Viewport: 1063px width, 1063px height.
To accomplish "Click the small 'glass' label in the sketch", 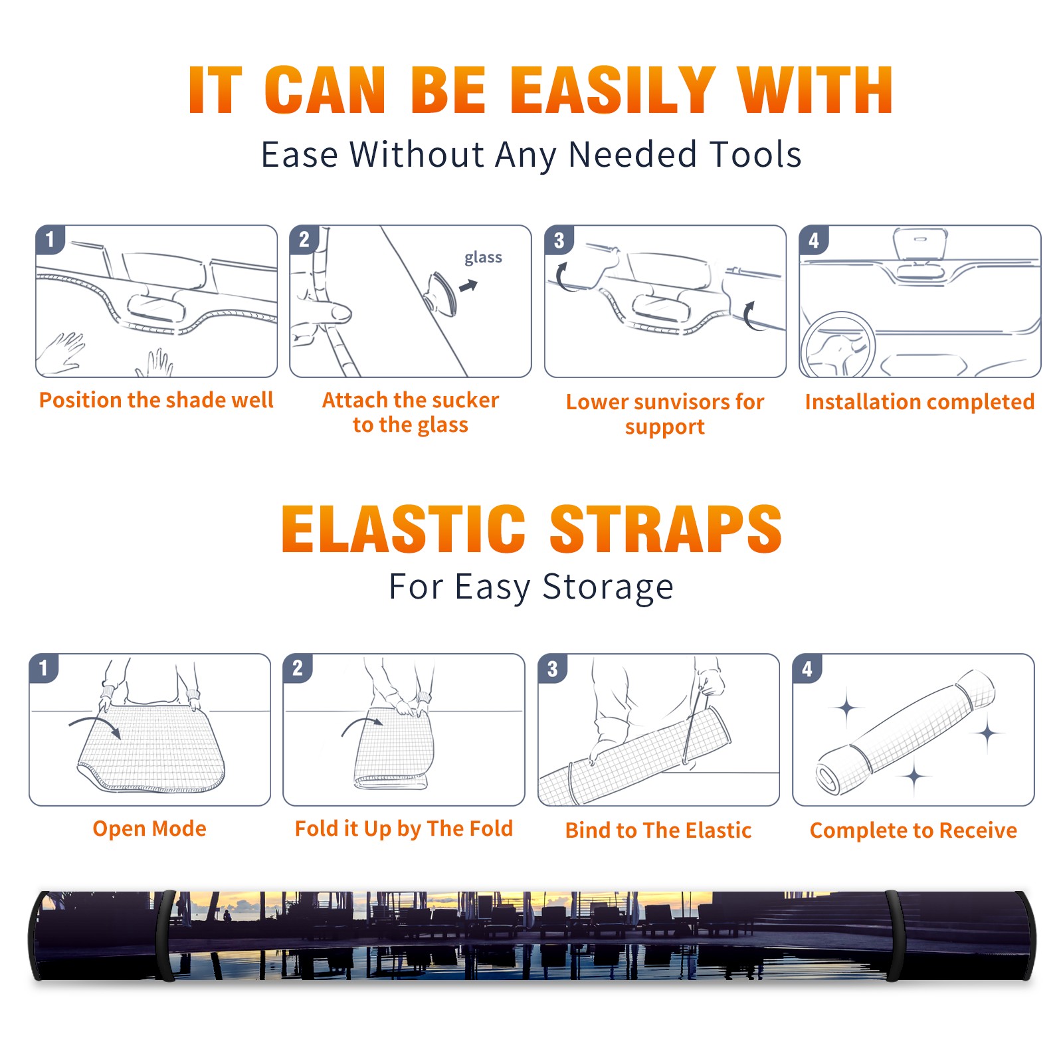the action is pyautogui.click(x=483, y=258).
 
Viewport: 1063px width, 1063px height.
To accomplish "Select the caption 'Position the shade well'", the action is pyautogui.click(x=156, y=400).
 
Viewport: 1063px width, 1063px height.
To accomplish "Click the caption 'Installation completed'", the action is pyautogui.click(x=919, y=402).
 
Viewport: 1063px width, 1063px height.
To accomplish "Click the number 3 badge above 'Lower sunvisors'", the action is pyautogui.click(x=559, y=241).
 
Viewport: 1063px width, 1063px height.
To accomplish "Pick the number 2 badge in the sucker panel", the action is pyautogui.click(x=304, y=240).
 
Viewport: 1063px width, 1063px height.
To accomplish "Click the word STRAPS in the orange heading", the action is pyautogui.click(x=666, y=529).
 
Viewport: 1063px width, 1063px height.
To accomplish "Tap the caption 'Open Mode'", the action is pyautogui.click(x=149, y=828).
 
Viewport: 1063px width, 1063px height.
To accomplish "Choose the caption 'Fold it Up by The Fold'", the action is pyautogui.click(x=404, y=829).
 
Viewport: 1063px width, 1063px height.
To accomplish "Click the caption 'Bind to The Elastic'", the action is pyautogui.click(x=658, y=830).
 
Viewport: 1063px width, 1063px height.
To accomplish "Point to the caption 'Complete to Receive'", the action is pyautogui.click(x=914, y=830).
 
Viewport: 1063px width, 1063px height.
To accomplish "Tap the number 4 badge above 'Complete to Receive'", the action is pyautogui.click(x=807, y=669).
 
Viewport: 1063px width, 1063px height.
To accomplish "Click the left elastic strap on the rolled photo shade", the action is pyautogui.click(x=166, y=936).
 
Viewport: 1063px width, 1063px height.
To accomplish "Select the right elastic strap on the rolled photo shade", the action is pyautogui.click(x=894, y=936).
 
